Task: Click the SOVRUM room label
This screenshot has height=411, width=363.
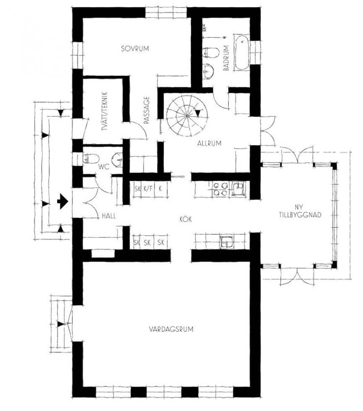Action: tap(135, 49)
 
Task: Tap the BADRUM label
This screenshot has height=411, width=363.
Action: tap(226, 58)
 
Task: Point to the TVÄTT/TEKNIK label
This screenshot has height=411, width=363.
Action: tap(106, 112)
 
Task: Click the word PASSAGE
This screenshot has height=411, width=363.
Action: tap(146, 110)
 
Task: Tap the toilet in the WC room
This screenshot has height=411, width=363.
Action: tap(91, 159)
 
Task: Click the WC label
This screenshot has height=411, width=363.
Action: tap(104, 166)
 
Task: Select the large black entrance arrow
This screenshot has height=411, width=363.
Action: tap(63, 201)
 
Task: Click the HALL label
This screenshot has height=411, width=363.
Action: tap(109, 216)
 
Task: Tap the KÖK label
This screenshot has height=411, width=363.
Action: tap(185, 219)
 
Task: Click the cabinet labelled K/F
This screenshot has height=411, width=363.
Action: tap(148, 188)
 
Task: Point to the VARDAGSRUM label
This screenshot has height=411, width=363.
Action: tap(171, 329)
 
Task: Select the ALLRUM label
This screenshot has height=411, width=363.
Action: tap(209, 143)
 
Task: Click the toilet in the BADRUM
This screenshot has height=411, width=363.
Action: tap(211, 52)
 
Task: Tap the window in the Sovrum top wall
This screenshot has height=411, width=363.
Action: tap(166, 13)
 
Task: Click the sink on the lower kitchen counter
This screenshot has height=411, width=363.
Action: tap(226, 242)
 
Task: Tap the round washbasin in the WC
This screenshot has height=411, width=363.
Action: tap(117, 159)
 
